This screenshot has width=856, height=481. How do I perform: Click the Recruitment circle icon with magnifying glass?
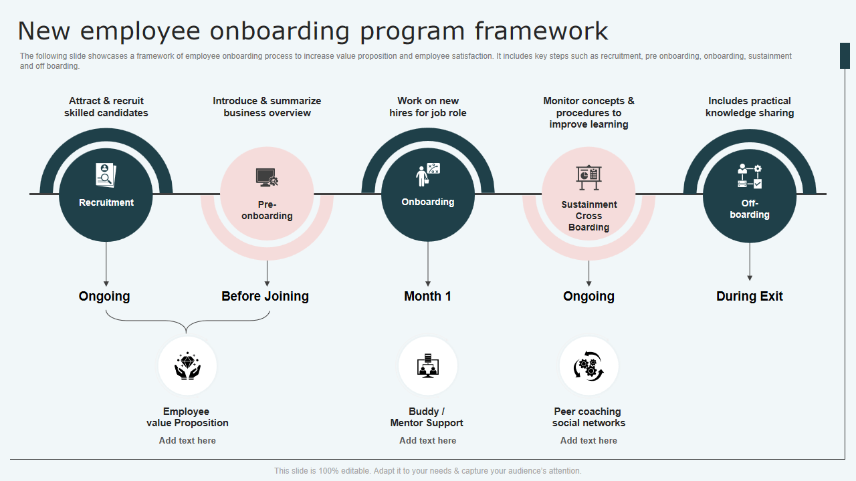(106, 175)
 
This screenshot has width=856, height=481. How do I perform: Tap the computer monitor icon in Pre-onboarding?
(267, 178)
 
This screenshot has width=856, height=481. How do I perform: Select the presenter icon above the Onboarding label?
(428, 174)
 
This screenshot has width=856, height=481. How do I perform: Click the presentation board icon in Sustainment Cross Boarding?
(588, 177)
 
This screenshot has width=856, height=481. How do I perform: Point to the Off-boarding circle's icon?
(749, 176)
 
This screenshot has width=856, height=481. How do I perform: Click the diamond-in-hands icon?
(187, 366)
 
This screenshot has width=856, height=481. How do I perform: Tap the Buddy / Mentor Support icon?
(428, 366)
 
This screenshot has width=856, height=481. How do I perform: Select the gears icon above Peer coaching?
(588, 366)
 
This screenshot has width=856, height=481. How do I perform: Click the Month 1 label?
(428, 296)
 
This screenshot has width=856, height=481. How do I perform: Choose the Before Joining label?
(265, 296)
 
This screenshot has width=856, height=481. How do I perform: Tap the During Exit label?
(749, 296)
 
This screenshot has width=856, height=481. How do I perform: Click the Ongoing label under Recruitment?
(104, 296)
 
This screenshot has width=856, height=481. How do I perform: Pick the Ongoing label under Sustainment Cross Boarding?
(588, 296)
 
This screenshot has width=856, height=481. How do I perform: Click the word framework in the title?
(542, 31)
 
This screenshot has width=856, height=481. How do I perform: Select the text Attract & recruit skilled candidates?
(106, 107)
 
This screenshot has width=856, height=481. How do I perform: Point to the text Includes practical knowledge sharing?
(750, 107)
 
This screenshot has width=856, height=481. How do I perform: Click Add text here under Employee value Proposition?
(187, 440)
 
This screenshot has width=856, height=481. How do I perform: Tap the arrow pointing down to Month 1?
(428, 264)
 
